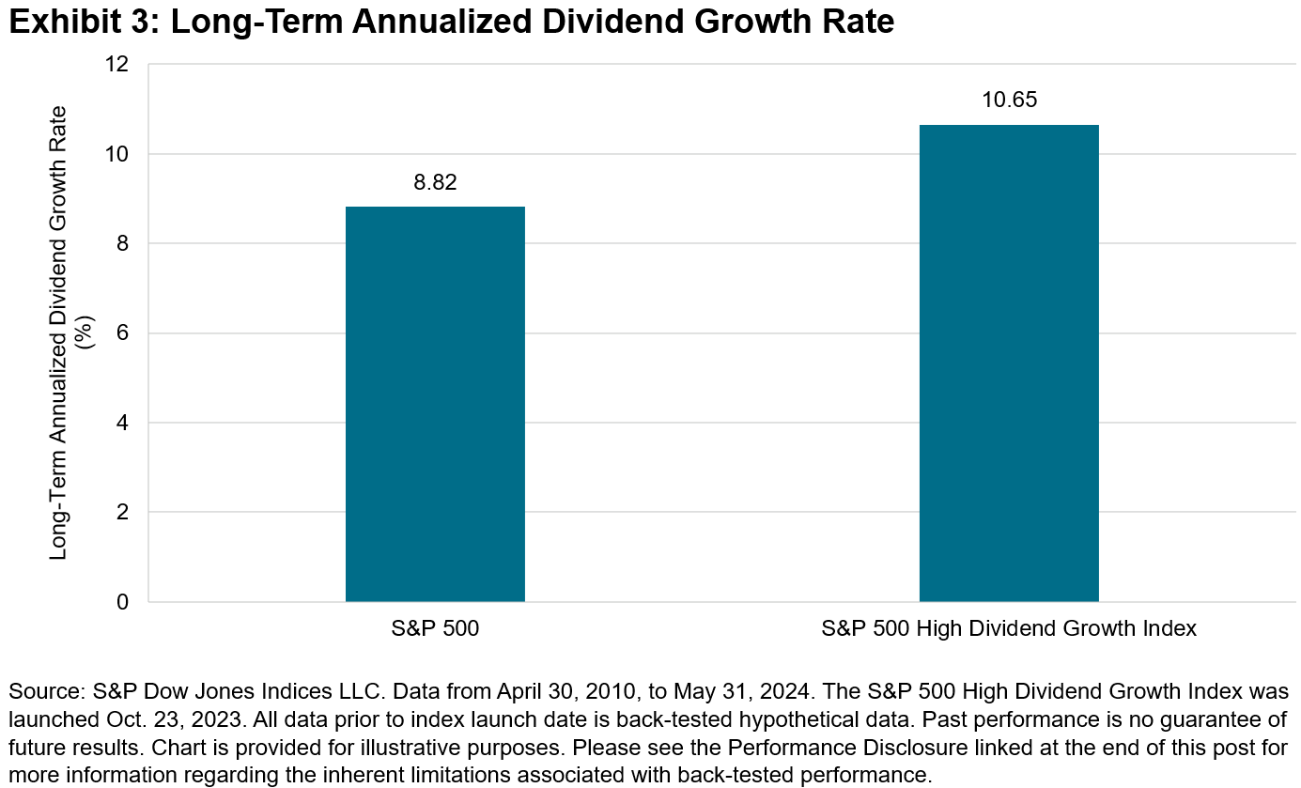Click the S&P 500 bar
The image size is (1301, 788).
(x=435, y=404)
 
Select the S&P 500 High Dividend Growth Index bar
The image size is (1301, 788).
(x=1009, y=363)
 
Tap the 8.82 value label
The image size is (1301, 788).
(x=435, y=183)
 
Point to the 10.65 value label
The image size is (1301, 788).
(x=1009, y=100)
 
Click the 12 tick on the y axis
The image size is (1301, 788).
(x=118, y=65)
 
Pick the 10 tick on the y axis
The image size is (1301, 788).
(x=118, y=154)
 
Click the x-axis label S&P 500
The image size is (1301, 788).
(x=435, y=629)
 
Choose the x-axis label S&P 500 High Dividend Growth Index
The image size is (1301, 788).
(x=1009, y=629)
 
